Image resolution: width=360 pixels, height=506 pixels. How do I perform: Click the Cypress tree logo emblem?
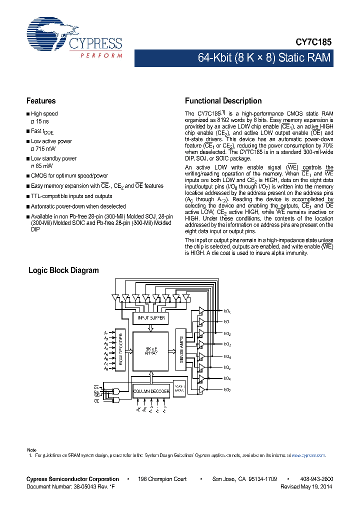tap(48, 35)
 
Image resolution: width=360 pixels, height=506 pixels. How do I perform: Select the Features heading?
tap(41, 101)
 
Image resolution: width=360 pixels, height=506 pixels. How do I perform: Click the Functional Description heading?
tap(223, 101)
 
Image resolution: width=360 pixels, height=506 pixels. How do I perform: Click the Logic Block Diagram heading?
tap(63, 270)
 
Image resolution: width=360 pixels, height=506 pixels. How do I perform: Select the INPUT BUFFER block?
tap(150, 317)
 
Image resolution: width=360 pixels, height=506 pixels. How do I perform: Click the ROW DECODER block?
tap(120, 350)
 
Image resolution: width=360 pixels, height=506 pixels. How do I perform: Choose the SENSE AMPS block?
tap(181, 349)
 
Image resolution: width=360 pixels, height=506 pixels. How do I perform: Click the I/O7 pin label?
tap(227, 390)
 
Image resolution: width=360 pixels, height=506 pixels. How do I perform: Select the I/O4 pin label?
tap(227, 357)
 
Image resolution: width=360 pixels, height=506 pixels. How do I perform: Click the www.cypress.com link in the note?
tap(307, 455)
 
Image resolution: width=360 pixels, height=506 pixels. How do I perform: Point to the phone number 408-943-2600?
tap(316, 479)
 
